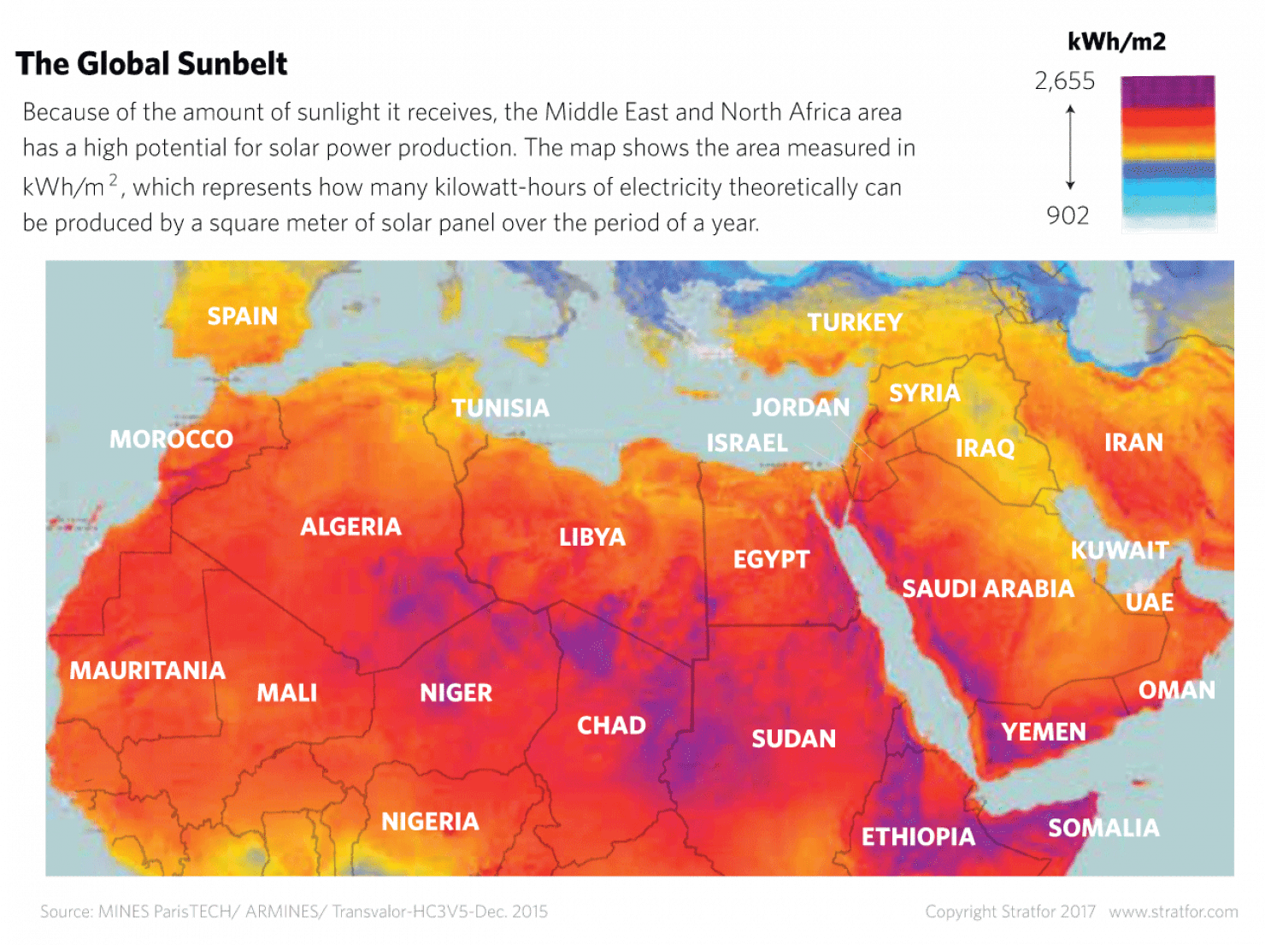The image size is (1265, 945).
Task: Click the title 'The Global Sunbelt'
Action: click(152, 63)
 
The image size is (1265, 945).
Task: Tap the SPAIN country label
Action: click(243, 316)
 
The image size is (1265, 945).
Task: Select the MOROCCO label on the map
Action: click(171, 440)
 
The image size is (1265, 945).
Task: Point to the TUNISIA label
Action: click(500, 408)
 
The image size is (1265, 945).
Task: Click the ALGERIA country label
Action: click(350, 527)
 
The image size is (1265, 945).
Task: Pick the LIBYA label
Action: click(592, 537)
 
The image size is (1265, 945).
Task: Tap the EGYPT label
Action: click(771, 559)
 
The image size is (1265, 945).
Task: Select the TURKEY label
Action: click(855, 322)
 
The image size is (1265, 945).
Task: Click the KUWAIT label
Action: click(1119, 550)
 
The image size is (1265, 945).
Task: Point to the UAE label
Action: click(1149, 602)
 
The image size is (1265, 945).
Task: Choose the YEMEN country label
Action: click(1044, 732)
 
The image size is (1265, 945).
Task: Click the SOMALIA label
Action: click(1103, 828)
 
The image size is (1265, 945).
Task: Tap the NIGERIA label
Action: click(430, 822)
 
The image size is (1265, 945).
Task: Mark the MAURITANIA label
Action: click(147, 670)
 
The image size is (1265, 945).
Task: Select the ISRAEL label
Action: click(747, 443)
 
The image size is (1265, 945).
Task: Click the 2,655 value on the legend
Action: click(1064, 81)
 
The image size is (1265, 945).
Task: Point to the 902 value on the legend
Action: click(1068, 215)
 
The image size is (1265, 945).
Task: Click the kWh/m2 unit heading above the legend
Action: click(1116, 41)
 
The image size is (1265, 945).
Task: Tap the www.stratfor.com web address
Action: click(1173, 912)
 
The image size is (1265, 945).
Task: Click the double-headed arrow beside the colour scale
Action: click(1069, 147)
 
